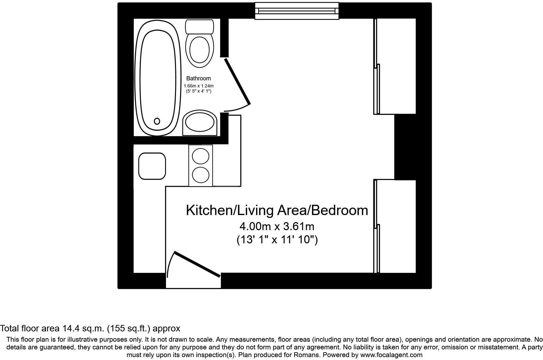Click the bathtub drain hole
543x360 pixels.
pyautogui.click(x=157, y=121)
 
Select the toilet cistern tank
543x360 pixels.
pyautogui.click(x=199, y=27)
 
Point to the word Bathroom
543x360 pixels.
pyautogui.click(x=198, y=78)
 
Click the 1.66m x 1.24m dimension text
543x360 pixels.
pyautogui.click(x=198, y=86)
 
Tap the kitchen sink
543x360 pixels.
pyautogui.click(x=152, y=166)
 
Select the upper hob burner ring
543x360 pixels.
pyautogui.click(x=200, y=156)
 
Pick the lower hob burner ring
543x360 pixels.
pyautogui.click(x=200, y=175)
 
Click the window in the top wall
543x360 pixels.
pyautogui.click(x=297, y=11)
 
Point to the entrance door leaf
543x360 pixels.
pyautogui.click(x=197, y=265)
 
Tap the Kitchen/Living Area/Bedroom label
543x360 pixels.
pyautogui.click(x=277, y=210)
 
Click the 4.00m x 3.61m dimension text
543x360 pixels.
pyautogui.click(x=277, y=227)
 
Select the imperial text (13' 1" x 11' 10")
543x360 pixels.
pyautogui.click(x=277, y=239)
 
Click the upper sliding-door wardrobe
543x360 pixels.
pyautogui.click(x=395, y=67)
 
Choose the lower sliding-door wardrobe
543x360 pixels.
pyautogui.click(x=395, y=226)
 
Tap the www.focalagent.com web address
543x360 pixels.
pyautogui.click(x=391, y=355)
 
